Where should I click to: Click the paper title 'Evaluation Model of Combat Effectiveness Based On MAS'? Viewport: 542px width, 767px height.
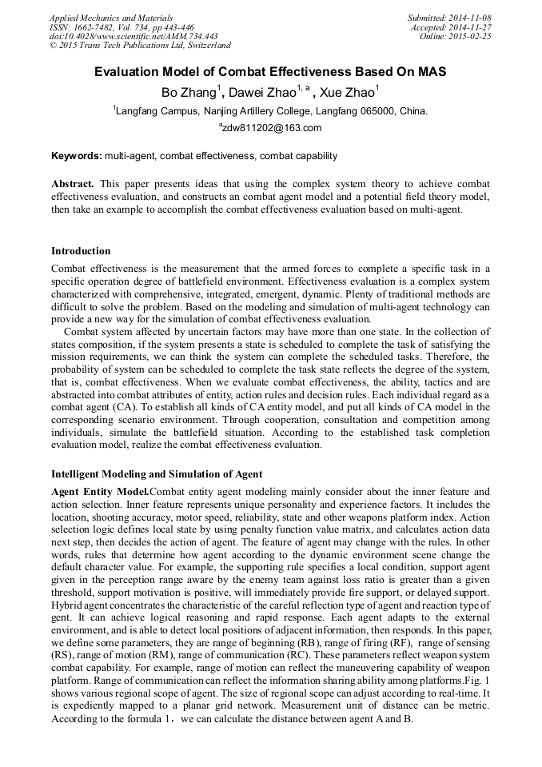point(270,72)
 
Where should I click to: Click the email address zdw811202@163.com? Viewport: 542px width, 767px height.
point(272,128)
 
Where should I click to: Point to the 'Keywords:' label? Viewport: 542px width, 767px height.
point(76,156)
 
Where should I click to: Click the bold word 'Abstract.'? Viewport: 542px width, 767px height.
point(73,183)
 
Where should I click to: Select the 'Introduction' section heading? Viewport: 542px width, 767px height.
point(81,251)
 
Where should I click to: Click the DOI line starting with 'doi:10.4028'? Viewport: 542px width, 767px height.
point(134,37)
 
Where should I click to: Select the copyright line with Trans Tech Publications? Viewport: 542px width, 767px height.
point(140,46)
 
